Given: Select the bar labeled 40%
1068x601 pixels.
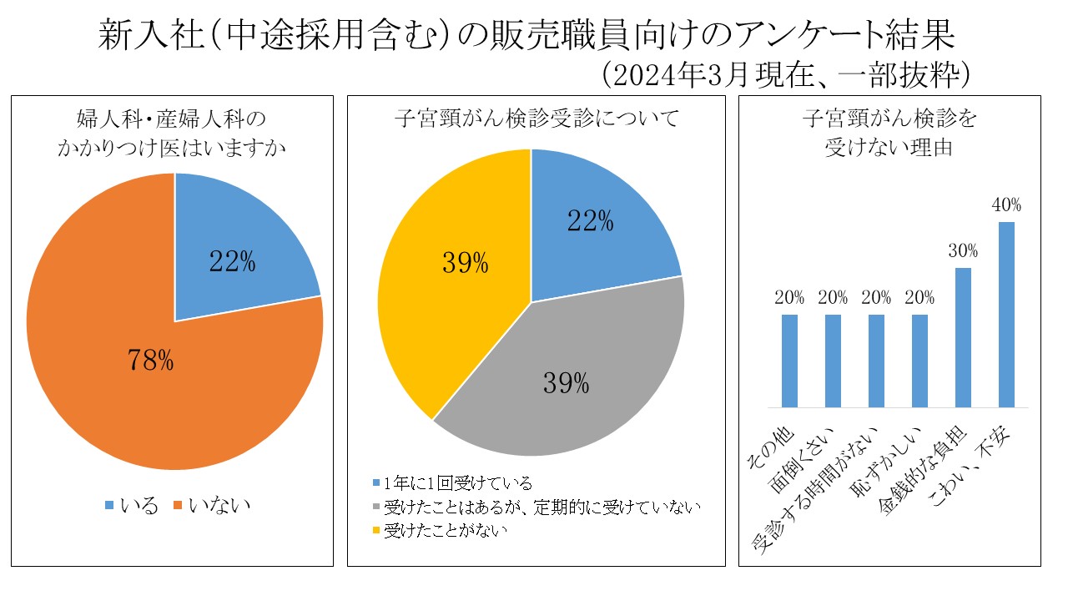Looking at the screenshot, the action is pyautogui.click(x=1006, y=315).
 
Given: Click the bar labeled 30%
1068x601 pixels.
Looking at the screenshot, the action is pyautogui.click(x=963, y=338).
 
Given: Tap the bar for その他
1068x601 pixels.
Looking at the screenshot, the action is pyautogui.click(x=789, y=361).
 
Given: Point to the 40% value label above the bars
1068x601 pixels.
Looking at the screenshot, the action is pyautogui.click(x=1006, y=205).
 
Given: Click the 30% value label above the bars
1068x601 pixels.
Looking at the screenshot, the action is pyautogui.click(x=963, y=251).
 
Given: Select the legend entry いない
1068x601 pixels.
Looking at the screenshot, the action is pyautogui.click(x=212, y=505).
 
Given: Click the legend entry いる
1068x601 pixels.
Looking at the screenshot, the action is pyautogui.click(x=132, y=505).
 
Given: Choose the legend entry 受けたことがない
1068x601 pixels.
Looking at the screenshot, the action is pyautogui.click(x=440, y=530).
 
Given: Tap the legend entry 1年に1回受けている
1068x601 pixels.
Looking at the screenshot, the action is pyautogui.click(x=452, y=483).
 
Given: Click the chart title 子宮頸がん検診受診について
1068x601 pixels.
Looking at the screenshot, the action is pyautogui.click(x=537, y=119).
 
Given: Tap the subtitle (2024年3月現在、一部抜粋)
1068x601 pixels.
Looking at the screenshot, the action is pyautogui.click(x=786, y=75).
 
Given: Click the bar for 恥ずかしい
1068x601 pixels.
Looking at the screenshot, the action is pyautogui.click(x=919, y=361).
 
